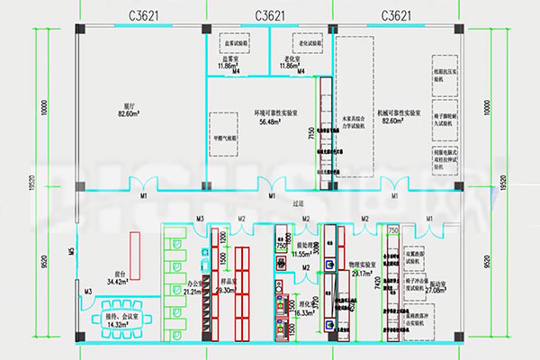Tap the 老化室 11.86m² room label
(x=289, y=63)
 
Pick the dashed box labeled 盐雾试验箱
(x=238, y=42)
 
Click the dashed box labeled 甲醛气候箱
(x=225, y=139)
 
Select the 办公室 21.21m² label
(x=193, y=289)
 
